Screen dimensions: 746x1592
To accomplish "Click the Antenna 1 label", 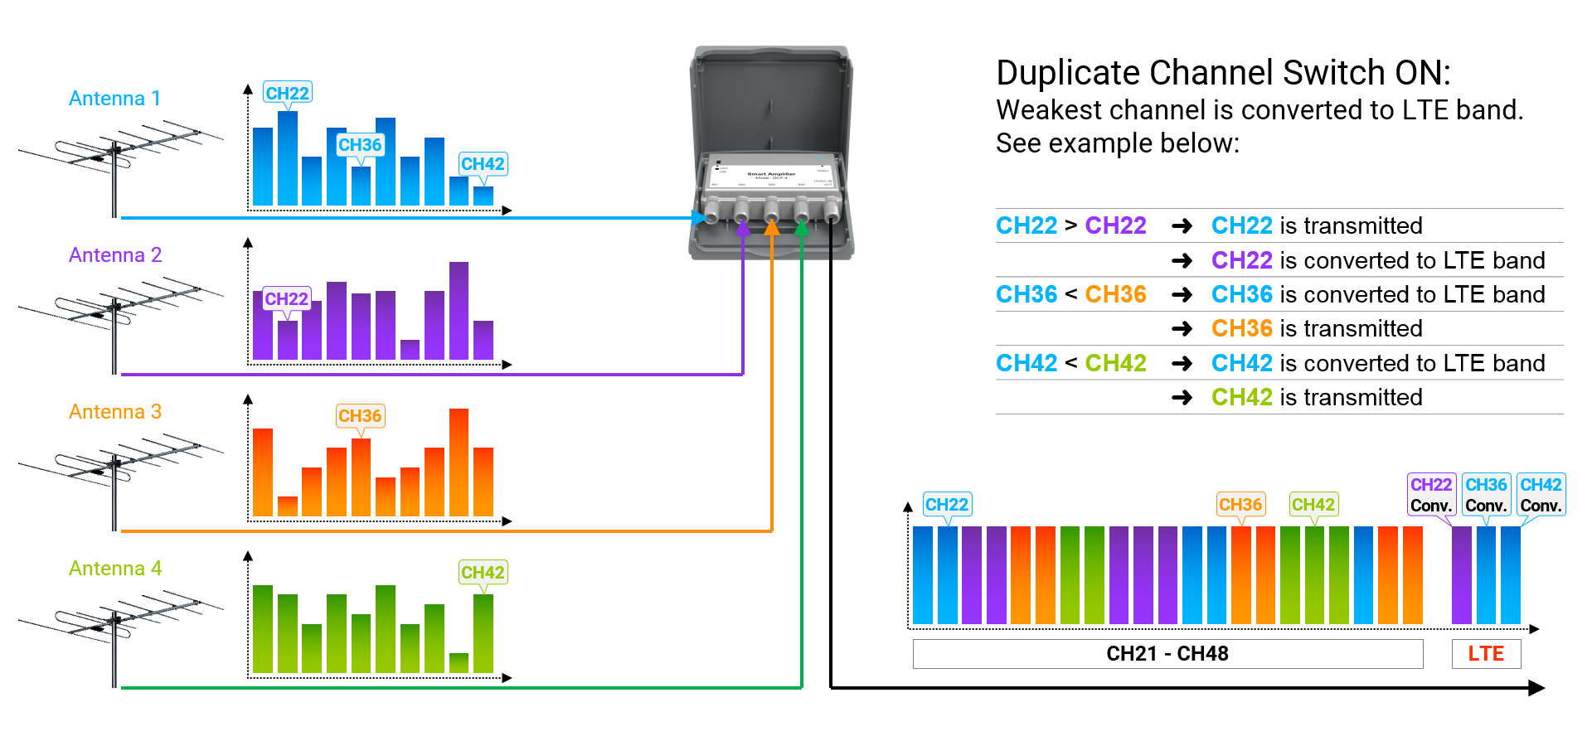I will (114, 99).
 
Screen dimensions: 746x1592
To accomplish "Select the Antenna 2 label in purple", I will (115, 255).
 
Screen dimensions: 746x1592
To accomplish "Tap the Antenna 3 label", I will (115, 412).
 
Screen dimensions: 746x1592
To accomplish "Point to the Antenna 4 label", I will (115, 569).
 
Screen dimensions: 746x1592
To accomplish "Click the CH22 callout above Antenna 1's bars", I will (287, 93).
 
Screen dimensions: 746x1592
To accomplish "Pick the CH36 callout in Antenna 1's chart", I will (360, 145).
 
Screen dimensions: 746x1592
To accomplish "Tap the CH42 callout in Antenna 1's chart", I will (483, 164).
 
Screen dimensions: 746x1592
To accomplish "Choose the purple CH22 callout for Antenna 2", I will (286, 298).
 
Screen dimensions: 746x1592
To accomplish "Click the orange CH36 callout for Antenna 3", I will (360, 415).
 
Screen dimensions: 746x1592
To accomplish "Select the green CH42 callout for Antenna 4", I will (483, 572).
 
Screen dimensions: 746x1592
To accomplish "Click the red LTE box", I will (1486, 654).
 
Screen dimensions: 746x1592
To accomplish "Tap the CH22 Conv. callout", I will (1431, 495).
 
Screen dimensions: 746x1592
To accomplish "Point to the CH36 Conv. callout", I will (1486, 495).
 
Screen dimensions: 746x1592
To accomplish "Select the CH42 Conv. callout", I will (1541, 495).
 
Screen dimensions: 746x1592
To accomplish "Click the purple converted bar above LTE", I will (1462, 575).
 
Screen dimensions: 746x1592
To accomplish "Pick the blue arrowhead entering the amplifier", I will (699, 218).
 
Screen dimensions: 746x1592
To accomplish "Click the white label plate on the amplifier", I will (771, 175).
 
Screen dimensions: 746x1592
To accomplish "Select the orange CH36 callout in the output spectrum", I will (1240, 504).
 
